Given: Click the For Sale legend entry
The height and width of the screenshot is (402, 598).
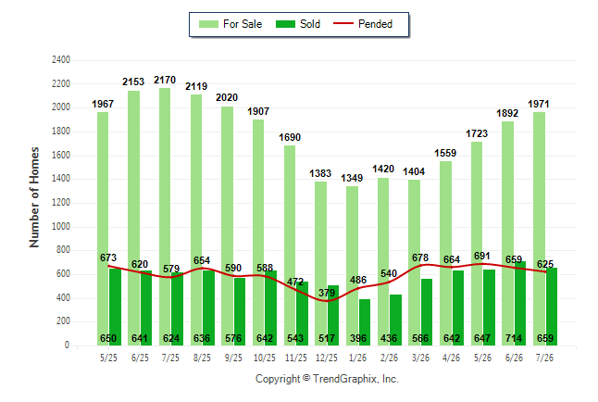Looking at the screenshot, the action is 230,24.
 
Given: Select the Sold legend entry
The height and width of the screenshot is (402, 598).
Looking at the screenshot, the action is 298,24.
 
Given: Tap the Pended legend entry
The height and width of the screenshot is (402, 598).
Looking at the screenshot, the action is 363,24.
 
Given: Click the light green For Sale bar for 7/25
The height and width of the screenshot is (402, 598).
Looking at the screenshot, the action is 165,217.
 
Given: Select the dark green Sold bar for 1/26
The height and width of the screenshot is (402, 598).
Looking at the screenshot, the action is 365,322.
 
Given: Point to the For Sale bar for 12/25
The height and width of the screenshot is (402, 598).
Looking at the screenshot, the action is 320,263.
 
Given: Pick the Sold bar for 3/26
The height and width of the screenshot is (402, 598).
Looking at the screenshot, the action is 427,312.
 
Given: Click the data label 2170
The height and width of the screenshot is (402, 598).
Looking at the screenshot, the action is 165,80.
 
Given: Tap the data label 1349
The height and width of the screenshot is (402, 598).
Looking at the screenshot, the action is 352,178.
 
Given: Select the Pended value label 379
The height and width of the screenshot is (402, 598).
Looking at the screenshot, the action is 327,293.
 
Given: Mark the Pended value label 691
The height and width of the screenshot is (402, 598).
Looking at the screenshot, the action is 482,256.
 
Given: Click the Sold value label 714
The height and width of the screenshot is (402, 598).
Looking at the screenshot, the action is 514,338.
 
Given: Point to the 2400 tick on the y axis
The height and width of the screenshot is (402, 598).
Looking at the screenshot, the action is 61,59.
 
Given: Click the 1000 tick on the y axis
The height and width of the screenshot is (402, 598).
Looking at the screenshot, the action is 61,226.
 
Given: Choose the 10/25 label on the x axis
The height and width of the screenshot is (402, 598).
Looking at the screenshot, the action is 265,358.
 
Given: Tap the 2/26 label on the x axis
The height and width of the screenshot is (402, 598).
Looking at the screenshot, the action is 390,358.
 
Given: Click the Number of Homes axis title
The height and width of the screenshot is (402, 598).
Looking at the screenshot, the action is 34,197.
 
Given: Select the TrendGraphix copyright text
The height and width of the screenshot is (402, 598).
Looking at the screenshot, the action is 327,379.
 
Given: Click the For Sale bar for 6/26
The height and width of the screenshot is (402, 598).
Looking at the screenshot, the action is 508,233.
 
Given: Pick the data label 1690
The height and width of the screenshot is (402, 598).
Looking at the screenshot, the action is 290,137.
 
